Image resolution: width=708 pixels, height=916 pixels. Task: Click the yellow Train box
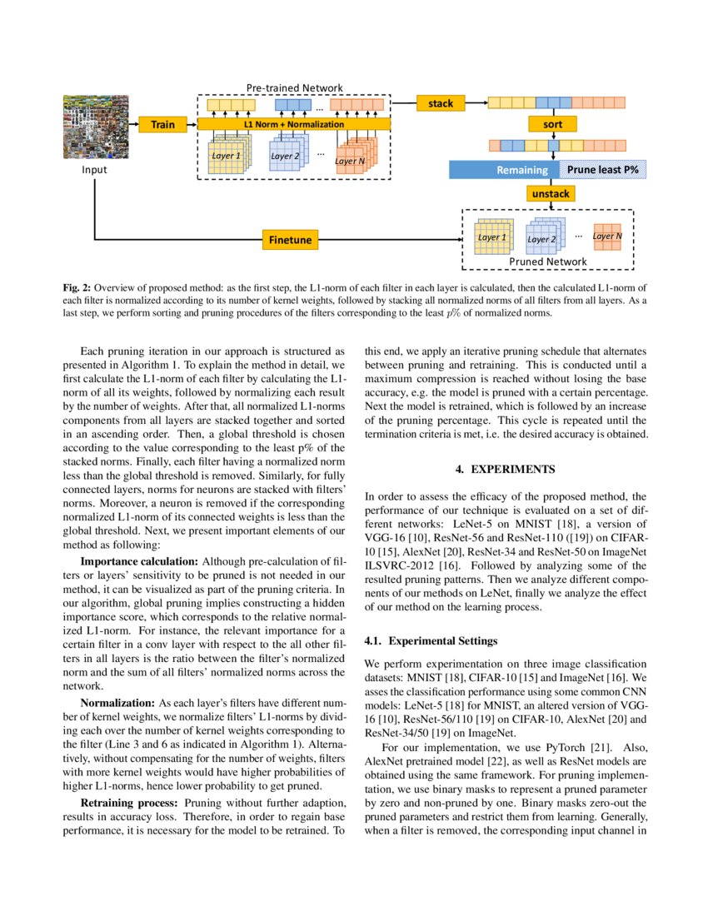162,124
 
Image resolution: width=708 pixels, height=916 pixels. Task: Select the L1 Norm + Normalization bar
293,124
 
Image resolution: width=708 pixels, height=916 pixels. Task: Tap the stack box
441,103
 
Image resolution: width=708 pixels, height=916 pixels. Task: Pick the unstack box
551,193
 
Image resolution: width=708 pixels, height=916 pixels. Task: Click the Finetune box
290,240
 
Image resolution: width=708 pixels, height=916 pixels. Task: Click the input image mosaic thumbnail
93,127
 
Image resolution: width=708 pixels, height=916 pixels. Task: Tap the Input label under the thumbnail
93,170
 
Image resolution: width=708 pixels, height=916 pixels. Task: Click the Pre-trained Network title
294,87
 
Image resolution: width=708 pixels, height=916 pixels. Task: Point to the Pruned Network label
547,261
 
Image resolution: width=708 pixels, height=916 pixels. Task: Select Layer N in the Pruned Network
606,236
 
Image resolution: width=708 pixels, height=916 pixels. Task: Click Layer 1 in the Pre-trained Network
226,156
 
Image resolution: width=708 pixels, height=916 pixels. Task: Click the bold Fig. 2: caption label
79,288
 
